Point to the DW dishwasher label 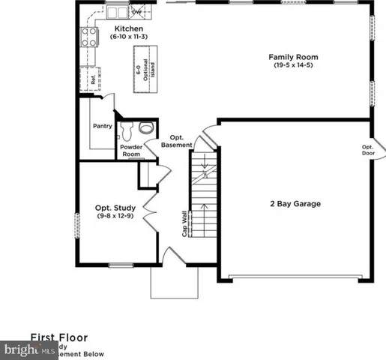coord(136,13)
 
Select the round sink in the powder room coord(145,127)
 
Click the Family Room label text coord(294,56)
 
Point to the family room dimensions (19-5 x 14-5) coord(294,65)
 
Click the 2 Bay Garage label coord(296,203)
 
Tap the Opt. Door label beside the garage coord(367,151)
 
